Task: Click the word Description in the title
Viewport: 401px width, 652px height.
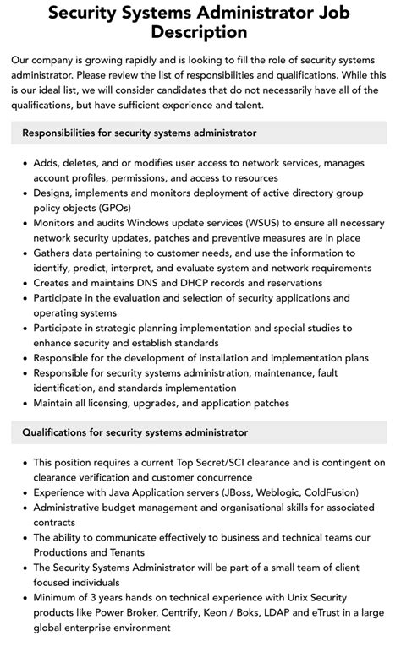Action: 200,33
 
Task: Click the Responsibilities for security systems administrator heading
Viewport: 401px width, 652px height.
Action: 140,133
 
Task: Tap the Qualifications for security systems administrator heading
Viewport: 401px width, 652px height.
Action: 135,432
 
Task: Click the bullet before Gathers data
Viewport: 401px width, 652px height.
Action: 23,253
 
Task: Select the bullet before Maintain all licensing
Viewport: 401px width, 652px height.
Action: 23,403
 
